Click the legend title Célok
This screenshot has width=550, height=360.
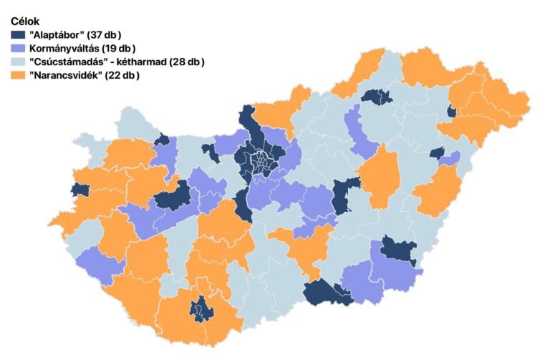[x=26, y=21]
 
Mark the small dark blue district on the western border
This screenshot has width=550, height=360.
[x=79, y=190]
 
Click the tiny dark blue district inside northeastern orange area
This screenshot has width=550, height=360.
[x=450, y=111]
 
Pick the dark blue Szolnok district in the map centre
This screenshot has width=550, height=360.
[x=345, y=195]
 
